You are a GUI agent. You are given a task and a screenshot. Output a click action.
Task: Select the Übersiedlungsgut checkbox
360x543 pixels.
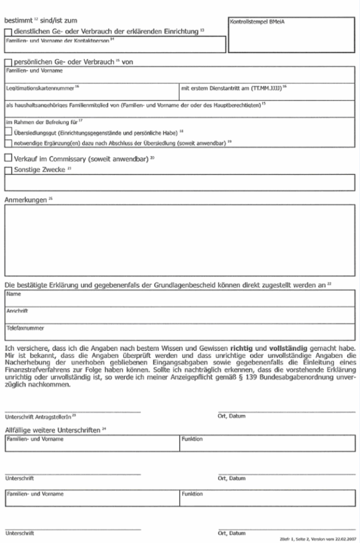point(7,133)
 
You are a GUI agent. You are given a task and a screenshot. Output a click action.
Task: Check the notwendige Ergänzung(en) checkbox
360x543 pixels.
point(7,143)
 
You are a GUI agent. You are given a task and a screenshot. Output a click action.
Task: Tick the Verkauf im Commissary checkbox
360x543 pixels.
point(7,158)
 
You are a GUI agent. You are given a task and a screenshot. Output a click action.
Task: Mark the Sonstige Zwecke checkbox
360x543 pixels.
point(7,170)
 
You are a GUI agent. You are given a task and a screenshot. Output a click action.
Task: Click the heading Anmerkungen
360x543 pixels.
point(26,200)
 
